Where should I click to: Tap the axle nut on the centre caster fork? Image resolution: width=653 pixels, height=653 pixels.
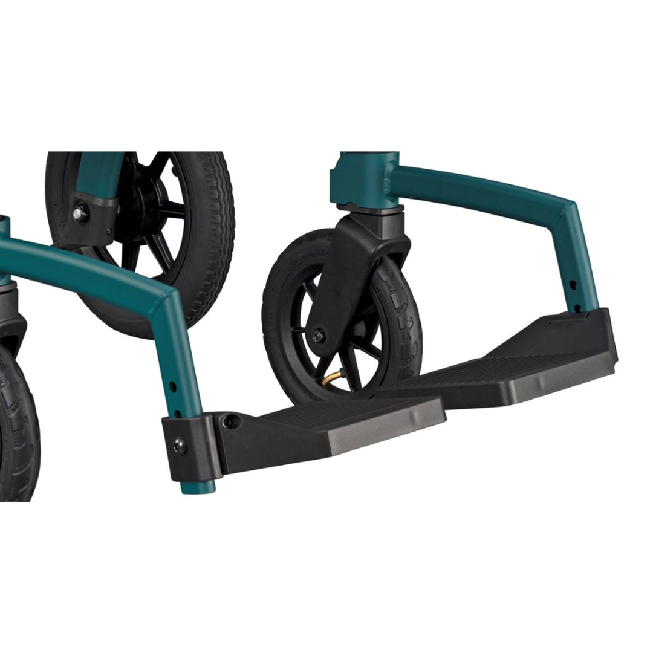[x=317, y=334]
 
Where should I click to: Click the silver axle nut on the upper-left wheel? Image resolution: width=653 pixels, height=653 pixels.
[x=79, y=213]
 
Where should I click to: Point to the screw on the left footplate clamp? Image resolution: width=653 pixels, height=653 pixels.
[x=178, y=446]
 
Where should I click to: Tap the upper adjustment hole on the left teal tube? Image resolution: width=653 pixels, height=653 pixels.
[x=173, y=385]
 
